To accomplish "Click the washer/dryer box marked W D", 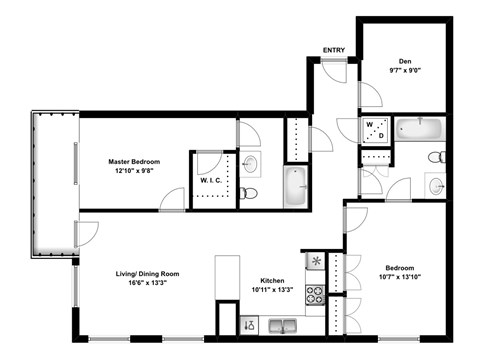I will [373, 130].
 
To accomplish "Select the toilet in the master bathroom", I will [250, 192].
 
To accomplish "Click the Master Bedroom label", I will [134, 160].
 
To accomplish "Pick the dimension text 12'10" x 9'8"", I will [134, 171].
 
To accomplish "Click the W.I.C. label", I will [210, 181].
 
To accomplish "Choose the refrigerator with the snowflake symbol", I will [316, 262].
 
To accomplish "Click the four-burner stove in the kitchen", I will [315, 295].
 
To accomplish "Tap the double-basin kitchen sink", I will [285, 325].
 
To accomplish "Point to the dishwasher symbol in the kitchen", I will [250, 325].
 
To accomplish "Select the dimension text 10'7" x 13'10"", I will [401, 280].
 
